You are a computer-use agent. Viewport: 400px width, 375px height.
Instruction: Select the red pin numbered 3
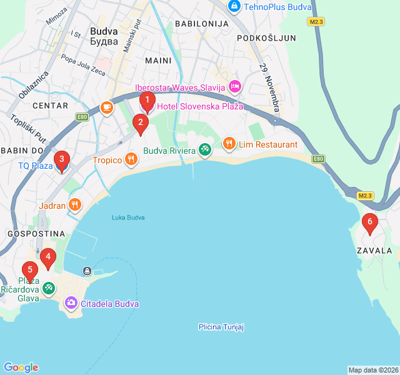(61, 160)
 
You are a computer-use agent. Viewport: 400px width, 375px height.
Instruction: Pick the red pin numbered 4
(48, 257)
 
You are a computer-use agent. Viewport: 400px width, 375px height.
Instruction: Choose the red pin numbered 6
(369, 222)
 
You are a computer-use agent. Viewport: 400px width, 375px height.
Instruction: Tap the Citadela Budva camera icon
(71, 303)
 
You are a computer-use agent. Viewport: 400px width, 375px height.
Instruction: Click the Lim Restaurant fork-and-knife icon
(229, 144)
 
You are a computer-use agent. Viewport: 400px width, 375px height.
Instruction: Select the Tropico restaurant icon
(131, 159)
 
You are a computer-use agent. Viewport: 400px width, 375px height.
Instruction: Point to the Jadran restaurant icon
(75, 204)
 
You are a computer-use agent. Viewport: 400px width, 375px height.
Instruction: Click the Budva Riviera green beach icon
(204, 150)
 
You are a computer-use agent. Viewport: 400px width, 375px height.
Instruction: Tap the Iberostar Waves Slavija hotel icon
(234, 87)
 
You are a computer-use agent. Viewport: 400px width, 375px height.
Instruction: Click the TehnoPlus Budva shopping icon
(234, 7)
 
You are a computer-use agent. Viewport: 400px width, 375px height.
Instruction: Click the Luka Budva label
(128, 217)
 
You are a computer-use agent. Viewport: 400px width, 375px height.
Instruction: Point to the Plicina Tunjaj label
(221, 327)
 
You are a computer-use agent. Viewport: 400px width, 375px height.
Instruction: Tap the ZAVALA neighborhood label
(374, 251)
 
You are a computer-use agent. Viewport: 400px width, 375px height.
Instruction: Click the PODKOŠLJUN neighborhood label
(266, 38)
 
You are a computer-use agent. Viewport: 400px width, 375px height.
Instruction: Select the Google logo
(21, 367)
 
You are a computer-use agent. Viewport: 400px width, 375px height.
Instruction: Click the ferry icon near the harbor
(87, 271)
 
